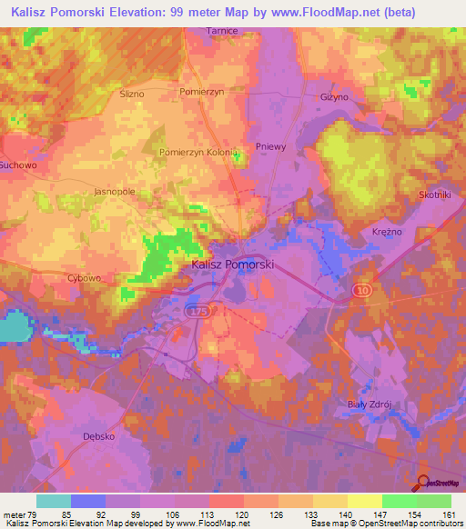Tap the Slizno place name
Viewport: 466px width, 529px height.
[x=133, y=94]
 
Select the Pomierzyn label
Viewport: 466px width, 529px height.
[x=201, y=94]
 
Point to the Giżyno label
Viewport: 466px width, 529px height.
[x=335, y=96]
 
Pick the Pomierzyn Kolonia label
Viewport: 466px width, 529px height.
[x=198, y=153]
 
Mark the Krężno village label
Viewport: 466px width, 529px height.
[x=387, y=233]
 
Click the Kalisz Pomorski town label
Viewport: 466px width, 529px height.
[x=233, y=265]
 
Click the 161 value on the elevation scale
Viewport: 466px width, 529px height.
[x=447, y=514]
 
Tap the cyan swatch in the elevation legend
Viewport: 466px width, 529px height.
[x=53, y=501]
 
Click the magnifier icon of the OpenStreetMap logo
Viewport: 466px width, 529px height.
[x=423, y=483]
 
